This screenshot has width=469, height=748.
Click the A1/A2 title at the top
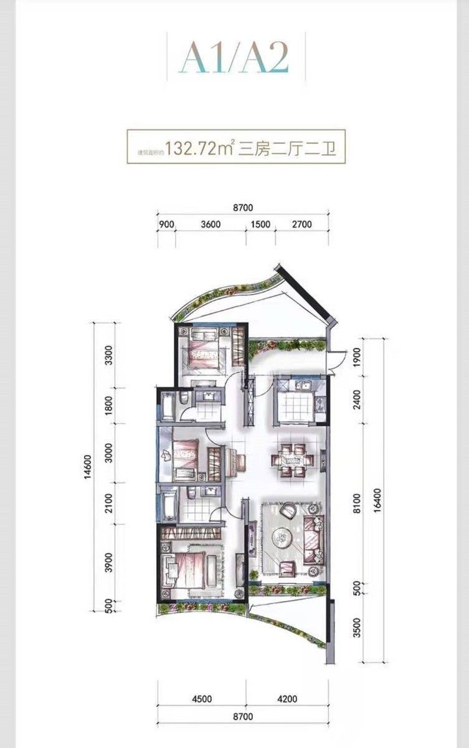pyautogui.click(x=235, y=60)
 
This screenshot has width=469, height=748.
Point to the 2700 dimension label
pyautogui.click(x=301, y=224)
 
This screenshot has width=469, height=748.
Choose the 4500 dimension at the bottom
pyautogui.click(x=201, y=699)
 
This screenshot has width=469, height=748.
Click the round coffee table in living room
pyautogui.click(x=285, y=536)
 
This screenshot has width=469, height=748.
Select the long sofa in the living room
pyautogui.click(x=315, y=535)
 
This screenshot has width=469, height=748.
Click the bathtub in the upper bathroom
pyautogui.click(x=167, y=406)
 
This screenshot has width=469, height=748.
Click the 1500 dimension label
pyautogui.click(x=261, y=224)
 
